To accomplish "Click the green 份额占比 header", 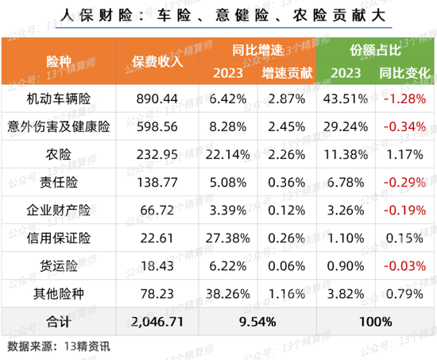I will [x=374, y=49].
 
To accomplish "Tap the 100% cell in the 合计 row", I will [x=374, y=323].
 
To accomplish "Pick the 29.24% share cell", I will [x=345, y=126].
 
